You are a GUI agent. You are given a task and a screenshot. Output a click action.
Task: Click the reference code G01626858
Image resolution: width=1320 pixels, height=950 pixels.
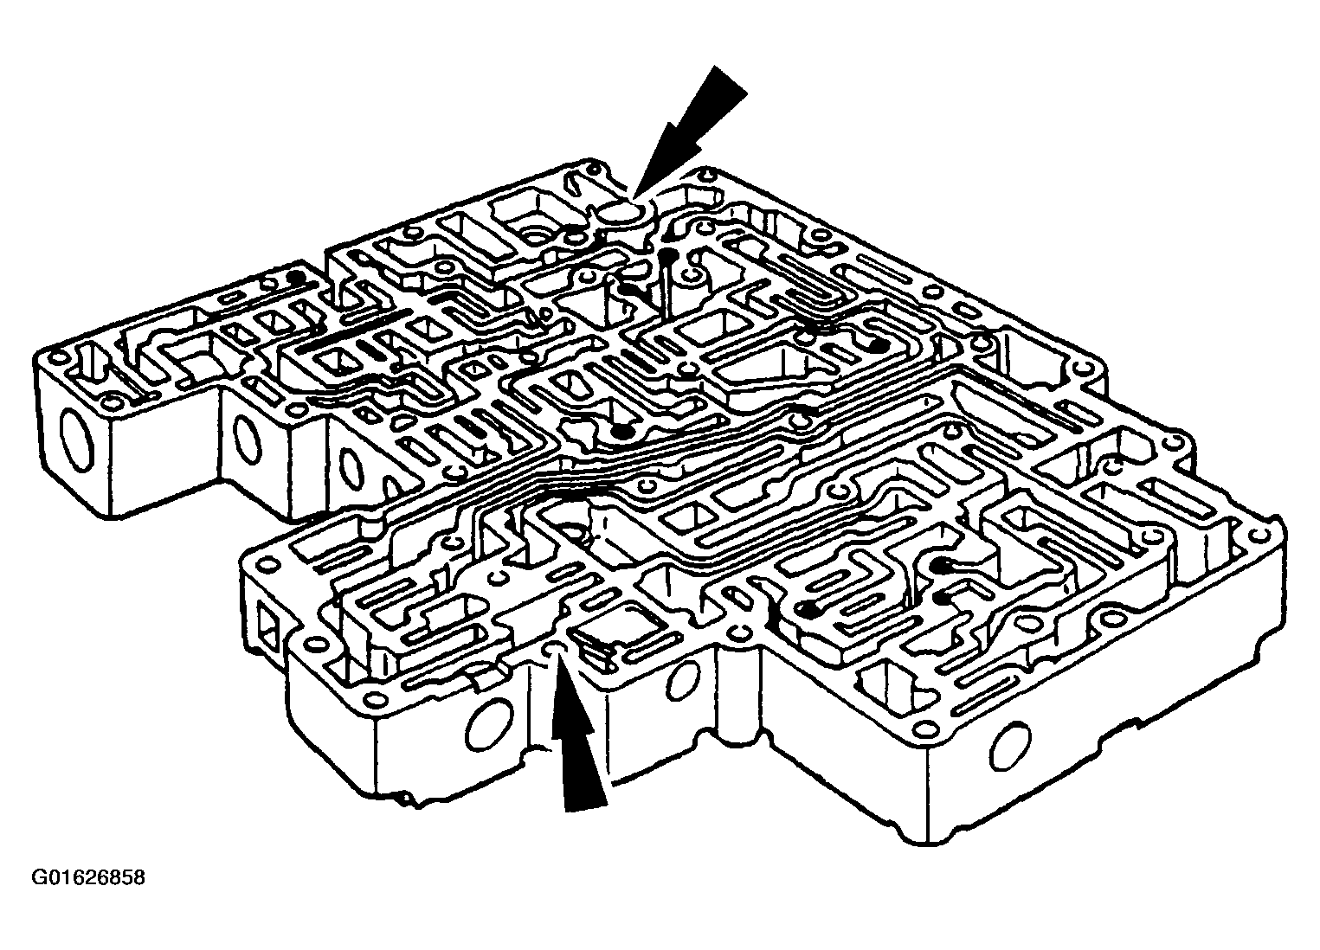click(x=88, y=878)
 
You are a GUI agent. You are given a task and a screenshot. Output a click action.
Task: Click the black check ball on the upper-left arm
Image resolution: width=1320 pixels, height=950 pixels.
click(x=297, y=278)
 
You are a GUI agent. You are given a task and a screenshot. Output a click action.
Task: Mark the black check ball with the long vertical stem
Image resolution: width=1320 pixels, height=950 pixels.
click(x=666, y=255)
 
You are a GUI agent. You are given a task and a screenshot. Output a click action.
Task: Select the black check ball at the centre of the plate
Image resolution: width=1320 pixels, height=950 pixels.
click(x=620, y=430)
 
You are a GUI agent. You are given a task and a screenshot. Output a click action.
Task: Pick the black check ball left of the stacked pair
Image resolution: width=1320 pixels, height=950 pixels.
click(x=810, y=610)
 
